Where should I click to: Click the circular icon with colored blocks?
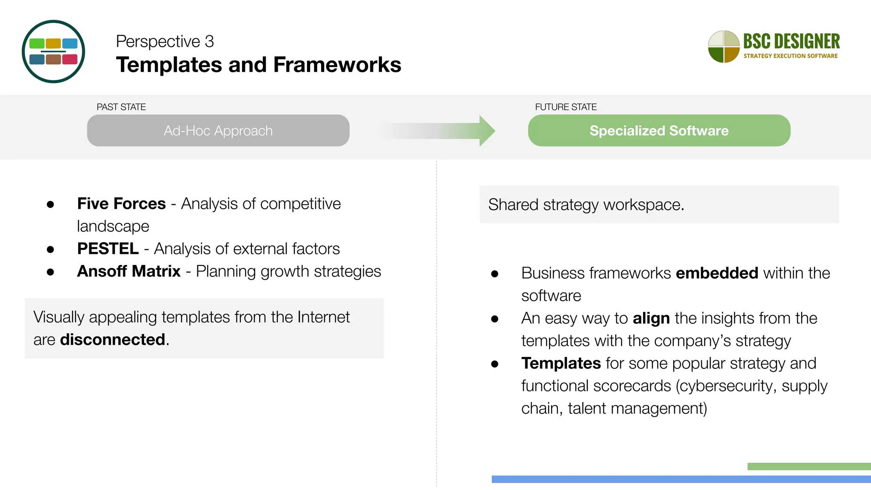54,51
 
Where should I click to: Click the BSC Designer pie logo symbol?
723,46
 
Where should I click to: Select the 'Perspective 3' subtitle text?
165,41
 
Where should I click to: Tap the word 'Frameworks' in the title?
337,65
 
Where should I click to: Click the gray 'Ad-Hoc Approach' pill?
218,131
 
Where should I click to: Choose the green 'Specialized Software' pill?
659,131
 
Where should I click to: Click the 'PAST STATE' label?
121,107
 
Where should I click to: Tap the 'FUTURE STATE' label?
566,107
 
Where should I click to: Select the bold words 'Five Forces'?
121,204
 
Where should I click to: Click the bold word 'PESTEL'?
108,249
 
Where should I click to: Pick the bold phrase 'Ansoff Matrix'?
128,271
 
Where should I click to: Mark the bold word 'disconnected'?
113,340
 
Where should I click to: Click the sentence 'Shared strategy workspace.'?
586,205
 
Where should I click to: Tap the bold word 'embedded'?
717,273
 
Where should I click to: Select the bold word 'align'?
651,318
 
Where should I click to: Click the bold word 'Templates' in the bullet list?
561,363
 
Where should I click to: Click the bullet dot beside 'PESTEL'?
51,249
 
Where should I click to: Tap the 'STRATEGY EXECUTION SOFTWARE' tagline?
790,56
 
